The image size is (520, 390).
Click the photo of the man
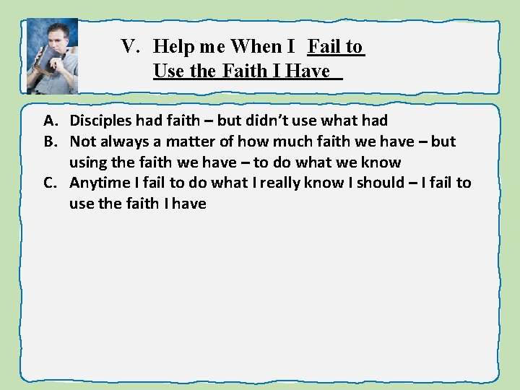51,56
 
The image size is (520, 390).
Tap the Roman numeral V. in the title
130,47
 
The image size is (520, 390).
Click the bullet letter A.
51,121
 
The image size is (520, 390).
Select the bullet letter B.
51,142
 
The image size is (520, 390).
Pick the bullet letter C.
51,183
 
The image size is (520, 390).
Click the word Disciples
101,121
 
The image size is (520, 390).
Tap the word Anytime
97,183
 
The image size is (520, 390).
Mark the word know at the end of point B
383,162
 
